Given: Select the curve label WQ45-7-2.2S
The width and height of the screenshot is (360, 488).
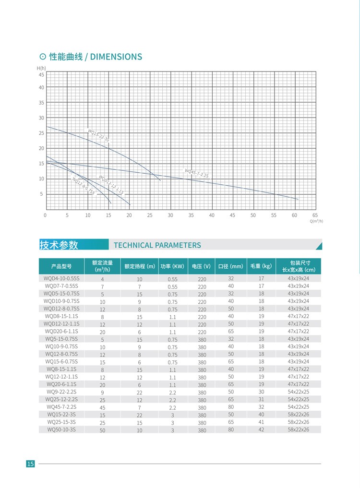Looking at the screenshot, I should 197,173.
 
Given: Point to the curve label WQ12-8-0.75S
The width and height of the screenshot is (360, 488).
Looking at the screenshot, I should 84,186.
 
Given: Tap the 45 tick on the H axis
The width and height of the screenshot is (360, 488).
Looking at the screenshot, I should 41,75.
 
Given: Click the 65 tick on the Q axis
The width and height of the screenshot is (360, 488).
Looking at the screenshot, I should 315,215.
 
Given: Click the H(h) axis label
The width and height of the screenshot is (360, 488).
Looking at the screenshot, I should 41,69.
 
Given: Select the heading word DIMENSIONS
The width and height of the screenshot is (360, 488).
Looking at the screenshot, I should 116,57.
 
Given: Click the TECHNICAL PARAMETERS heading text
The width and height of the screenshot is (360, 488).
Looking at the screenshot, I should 157,245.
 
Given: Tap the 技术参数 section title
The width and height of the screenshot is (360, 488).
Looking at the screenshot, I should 59,245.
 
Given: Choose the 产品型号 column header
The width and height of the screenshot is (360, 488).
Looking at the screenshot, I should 61,266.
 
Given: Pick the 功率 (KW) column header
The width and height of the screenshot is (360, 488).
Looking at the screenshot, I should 172,266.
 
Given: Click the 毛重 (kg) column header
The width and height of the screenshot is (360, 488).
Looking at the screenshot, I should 261,266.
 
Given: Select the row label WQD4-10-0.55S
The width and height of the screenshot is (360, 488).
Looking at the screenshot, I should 61,278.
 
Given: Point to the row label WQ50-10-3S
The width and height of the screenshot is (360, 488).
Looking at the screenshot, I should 61,429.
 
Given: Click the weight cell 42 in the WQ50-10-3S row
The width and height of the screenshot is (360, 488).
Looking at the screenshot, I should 261,430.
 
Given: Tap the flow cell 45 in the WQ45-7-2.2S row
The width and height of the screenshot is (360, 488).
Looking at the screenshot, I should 102,408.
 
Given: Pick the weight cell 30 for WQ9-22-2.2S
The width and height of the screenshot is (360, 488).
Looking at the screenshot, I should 261,392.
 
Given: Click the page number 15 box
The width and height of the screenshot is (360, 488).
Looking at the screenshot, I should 30,464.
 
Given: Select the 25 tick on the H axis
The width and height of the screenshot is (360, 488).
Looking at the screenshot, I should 41,133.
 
